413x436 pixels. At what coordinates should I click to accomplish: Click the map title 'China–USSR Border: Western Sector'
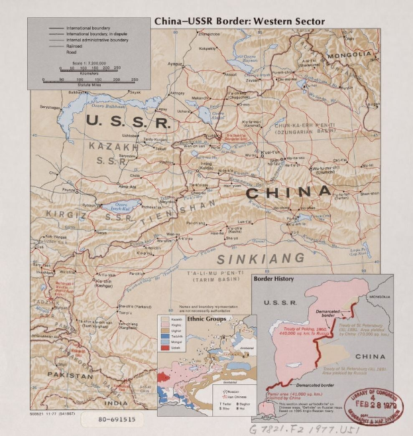click(239, 21)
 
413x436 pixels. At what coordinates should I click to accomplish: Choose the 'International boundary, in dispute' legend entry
click(95, 35)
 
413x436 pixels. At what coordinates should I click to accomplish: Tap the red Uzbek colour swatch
click(164, 366)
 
